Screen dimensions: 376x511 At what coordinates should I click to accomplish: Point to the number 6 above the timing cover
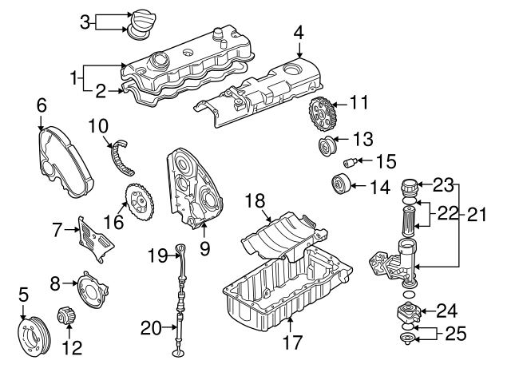click(x=41, y=105)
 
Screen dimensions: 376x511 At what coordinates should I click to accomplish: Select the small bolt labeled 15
click(x=348, y=163)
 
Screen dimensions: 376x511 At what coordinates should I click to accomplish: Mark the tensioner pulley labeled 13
click(x=327, y=148)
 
